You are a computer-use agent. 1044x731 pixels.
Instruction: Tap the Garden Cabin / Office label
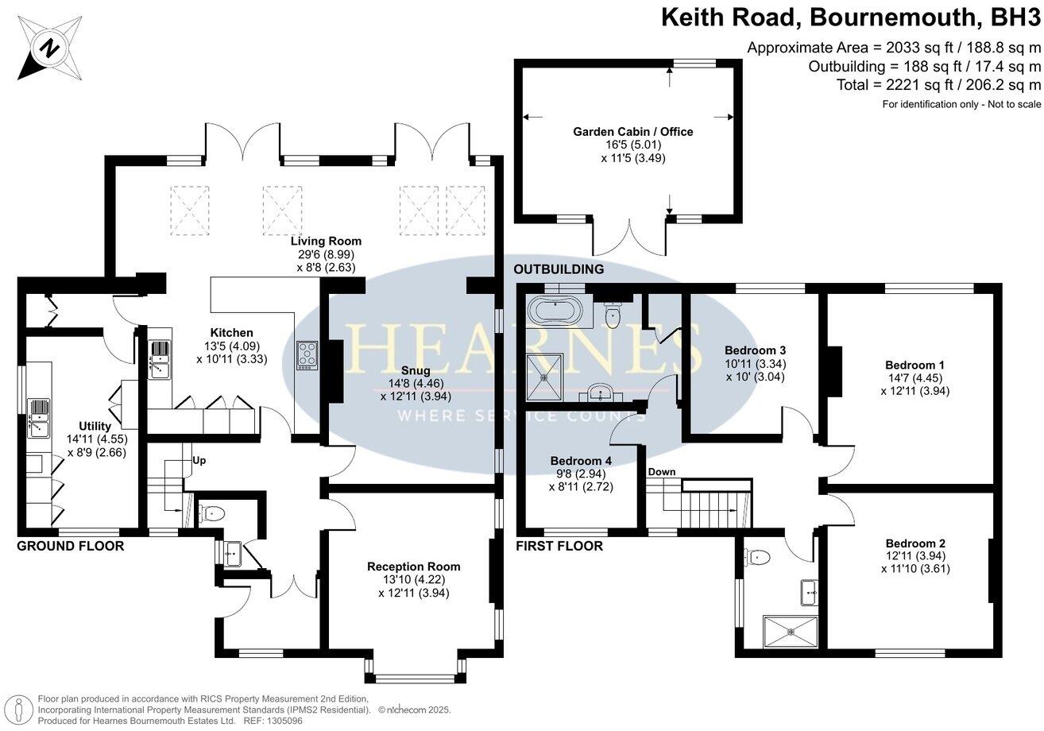tap(632, 132)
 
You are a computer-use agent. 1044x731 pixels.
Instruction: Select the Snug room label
tap(416, 370)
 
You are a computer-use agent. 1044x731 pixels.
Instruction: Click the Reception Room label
tap(413, 567)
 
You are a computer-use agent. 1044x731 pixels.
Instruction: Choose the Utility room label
tap(95, 426)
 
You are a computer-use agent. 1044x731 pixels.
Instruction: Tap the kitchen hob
tap(307, 354)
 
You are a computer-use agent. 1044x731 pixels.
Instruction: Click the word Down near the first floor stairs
tap(661, 472)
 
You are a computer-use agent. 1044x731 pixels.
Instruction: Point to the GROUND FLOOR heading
tap(71, 547)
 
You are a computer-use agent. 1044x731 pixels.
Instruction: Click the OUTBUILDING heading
tap(559, 269)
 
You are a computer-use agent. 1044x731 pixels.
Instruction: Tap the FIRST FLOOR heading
tap(559, 547)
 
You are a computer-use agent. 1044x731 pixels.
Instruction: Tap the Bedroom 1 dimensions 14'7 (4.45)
tap(914, 378)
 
